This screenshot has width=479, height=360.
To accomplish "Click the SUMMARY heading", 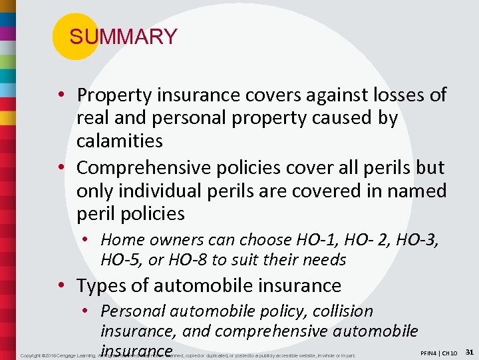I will pyautogui.click(x=123, y=37).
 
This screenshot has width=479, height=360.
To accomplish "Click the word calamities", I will pyautogui.click(x=120, y=141).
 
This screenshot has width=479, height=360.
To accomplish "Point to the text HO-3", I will pyautogui.click(x=417, y=240).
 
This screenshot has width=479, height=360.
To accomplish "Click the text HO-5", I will pyautogui.click(x=121, y=260).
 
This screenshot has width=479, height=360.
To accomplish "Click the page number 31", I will pyautogui.click(x=469, y=351).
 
